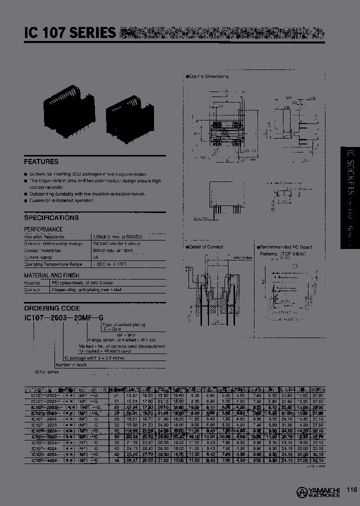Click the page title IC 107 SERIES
click(69, 33)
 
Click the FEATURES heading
click(41, 161)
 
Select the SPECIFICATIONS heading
click(51, 218)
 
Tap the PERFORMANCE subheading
click(43, 229)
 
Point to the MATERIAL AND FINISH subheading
click(51, 275)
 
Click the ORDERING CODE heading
click(52, 308)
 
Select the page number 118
click(351, 490)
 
